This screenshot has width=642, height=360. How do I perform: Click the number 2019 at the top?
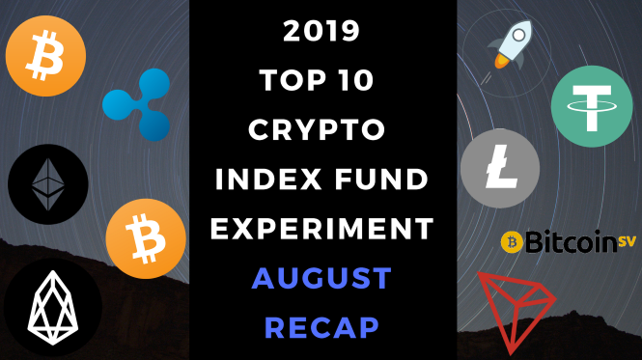click(x=321, y=31)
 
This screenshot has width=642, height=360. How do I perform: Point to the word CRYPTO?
click(x=317, y=129)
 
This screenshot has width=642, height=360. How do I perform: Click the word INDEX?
click(x=268, y=179)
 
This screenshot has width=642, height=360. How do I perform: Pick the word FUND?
click(x=381, y=179)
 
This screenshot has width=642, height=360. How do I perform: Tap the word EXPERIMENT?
click(x=321, y=228)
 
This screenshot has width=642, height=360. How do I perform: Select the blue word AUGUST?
click(x=321, y=278)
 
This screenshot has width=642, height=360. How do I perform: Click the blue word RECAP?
click(x=321, y=327)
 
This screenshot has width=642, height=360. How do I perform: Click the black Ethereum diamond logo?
click(x=48, y=184)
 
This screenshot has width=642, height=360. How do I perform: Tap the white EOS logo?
click(x=52, y=308)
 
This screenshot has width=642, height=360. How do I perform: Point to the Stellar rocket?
click(x=511, y=45)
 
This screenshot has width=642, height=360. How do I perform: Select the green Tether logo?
click(x=592, y=106)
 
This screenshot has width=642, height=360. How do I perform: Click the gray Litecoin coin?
click(x=500, y=168)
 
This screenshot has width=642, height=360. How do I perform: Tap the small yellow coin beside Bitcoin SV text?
click(x=512, y=242)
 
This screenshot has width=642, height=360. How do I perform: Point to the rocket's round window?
click(x=518, y=35)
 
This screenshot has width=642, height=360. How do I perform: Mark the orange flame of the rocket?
click(x=500, y=61)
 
